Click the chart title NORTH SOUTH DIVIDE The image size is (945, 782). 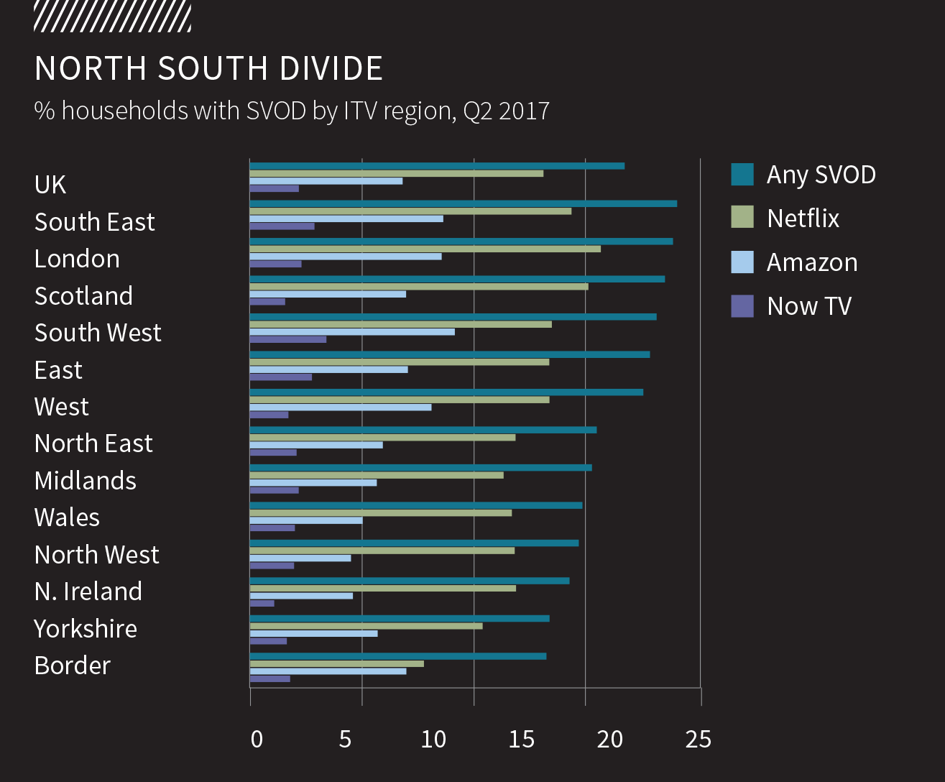[x=208, y=68]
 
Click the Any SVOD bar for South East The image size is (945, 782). [x=463, y=203]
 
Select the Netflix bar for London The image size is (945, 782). [x=425, y=249]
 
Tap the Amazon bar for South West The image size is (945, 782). [x=352, y=332]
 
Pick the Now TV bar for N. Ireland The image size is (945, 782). [x=262, y=604]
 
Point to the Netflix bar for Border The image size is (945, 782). [x=336, y=663]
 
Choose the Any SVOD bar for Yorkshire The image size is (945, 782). [x=400, y=618]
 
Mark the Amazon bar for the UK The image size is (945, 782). [x=326, y=180]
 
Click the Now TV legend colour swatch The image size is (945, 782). [x=742, y=306]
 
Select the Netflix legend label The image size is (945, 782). [x=803, y=218]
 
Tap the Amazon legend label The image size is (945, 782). [x=812, y=262]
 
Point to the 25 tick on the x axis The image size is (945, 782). [x=699, y=739]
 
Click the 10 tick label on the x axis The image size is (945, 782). [x=433, y=739]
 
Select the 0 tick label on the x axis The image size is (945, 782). [x=257, y=739]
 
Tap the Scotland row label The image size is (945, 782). [x=83, y=295]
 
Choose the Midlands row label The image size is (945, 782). [x=85, y=480]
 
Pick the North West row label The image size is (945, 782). [x=96, y=554]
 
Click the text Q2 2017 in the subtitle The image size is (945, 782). [x=506, y=111]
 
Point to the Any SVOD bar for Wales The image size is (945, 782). [x=416, y=505]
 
